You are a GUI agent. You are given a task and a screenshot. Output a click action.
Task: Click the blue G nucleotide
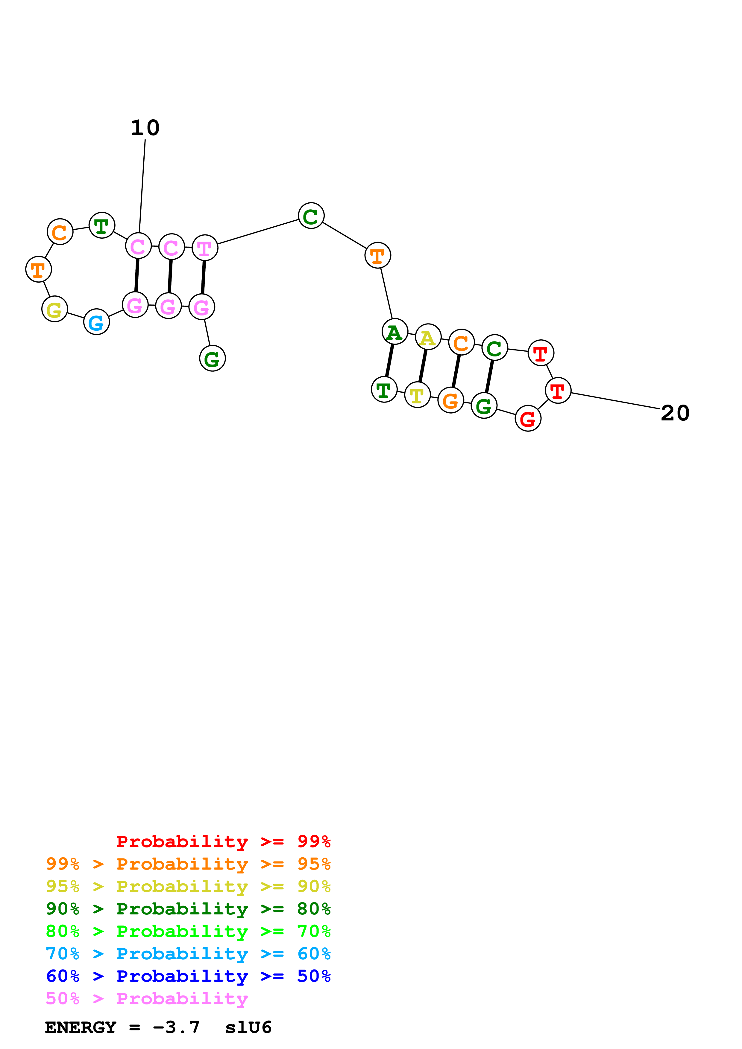(x=96, y=322)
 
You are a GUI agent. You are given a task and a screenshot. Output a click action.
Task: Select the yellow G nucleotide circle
(x=54, y=309)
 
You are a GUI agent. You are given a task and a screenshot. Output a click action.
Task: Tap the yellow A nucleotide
(x=428, y=337)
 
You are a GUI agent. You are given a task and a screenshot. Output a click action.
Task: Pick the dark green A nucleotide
(x=394, y=332)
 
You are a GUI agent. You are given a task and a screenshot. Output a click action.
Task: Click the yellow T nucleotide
(x=418, y=395)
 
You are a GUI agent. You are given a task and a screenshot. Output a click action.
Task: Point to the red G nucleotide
(x=528, y=418)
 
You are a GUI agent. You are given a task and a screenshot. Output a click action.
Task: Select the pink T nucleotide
(x=204, y=248)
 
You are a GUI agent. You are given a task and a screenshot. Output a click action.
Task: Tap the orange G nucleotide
(x=451, y=400)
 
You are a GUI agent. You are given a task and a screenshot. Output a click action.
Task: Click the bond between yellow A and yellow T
(x=423, y=366)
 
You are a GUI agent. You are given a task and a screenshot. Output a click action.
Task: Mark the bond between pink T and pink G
(x=203, y=277)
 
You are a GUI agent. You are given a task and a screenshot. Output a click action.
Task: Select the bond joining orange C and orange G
(x=456, y=371)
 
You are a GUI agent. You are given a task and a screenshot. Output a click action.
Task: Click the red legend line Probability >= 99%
(x=223, y=841)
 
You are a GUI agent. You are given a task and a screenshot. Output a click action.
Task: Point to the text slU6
(x=248, y=1027)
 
